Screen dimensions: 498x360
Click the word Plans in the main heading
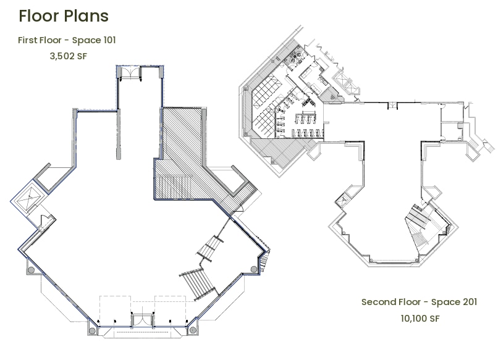(x=86, y=16)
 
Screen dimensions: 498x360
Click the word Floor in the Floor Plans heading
(x=40, y=16)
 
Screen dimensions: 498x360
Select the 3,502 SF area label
(x=69, y=56)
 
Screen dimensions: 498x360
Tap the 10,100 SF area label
(x=420, y=319)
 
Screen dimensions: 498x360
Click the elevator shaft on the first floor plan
(x=28, y=198)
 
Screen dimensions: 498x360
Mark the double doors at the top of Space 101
(x=130, y=73)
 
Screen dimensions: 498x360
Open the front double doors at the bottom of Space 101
(x=143, y=320)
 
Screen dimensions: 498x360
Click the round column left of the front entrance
(x=92, y=331)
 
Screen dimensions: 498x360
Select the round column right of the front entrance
(x=193, y=330)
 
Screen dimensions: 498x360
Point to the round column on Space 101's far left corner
(x=31, y=270)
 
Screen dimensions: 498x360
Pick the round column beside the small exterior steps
(x=254, y=269)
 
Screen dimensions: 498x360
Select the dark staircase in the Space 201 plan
(x=418, y=217)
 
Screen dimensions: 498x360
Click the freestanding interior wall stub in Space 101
(x=119, y=134)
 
